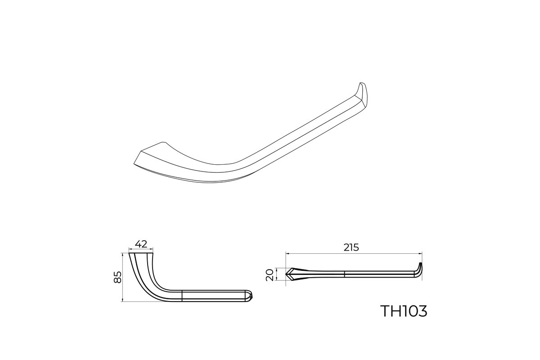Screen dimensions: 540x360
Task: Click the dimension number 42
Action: coord(141,244)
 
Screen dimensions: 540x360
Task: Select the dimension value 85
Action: coord(117,277)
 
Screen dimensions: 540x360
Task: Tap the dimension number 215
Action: coord(351,247)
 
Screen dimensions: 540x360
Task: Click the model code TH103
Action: coord(404,311)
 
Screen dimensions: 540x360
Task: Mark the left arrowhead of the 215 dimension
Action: coord(288,253)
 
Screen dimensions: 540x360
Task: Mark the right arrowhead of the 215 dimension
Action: coord(420,253)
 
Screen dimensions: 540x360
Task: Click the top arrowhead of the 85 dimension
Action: coord(123,255)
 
